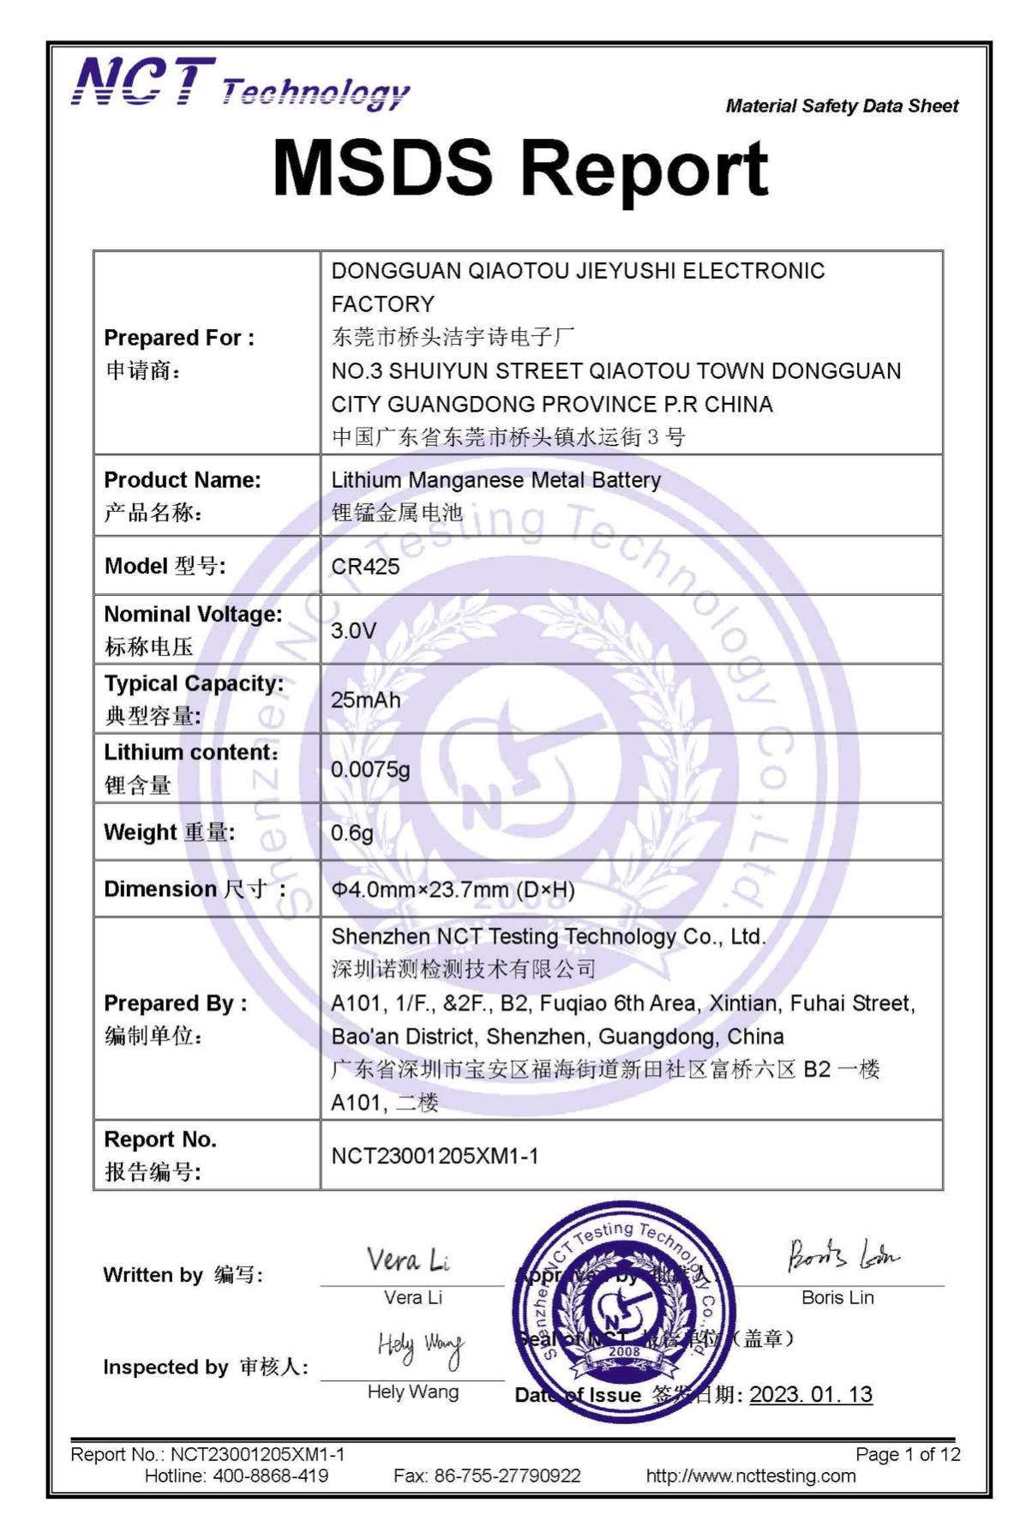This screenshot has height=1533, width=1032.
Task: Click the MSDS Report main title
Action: (x=520, y=167)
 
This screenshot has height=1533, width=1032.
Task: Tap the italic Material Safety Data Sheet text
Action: (x=842, y=106)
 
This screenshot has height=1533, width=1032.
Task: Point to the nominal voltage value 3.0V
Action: (x=353, y=631)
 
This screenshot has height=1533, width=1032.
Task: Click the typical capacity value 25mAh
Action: (x=365, y=700)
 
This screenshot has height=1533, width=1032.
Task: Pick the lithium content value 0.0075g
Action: (x=370, y=770)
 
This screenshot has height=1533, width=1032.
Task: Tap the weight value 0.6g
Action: (x=351, y=833)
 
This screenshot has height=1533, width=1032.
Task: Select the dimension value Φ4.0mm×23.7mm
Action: (x=453, y=890)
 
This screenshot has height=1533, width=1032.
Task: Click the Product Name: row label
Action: (x=182, y=480)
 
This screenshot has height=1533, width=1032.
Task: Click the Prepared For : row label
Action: (x=178, y=338)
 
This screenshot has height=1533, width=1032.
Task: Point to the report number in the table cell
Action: (x=435, y=1157)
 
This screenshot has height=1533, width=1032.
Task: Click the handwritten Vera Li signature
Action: (x=408, y=1260)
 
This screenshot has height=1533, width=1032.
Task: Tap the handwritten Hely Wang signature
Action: (x=420, y=1348)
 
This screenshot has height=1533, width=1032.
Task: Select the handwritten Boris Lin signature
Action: (x=842, y=1256)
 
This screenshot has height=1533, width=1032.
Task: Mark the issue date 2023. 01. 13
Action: (x=811, y=1395)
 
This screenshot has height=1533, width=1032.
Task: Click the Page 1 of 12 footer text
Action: (x=908, y=1455)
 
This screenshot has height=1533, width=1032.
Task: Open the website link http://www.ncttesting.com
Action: (x=751, y=1476)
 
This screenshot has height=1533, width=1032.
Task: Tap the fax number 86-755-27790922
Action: (x=507, y=1476)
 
